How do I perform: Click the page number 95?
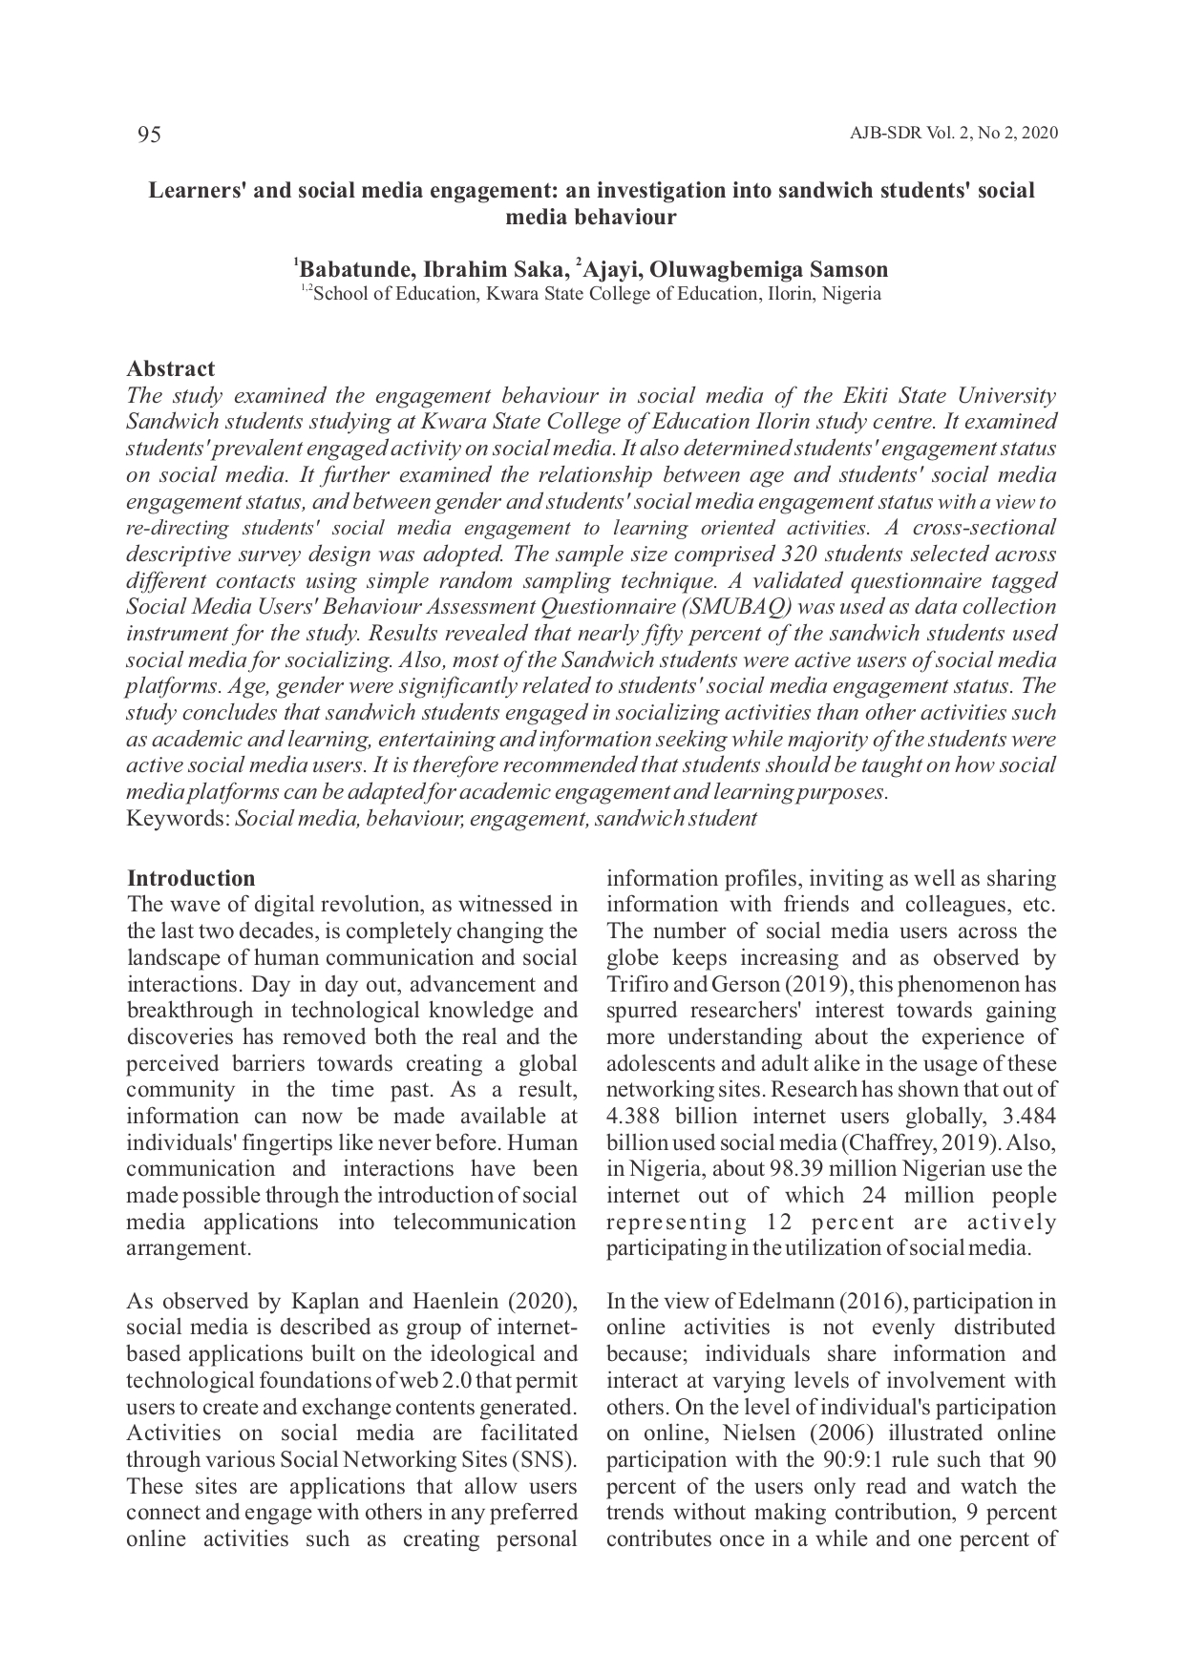point(149,135)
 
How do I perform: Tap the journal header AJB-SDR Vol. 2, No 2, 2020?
point(953,134)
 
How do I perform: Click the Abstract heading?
point(171,369)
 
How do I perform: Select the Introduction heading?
point(191,879)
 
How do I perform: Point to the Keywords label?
point(179,819)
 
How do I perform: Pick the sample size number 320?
point(805,555)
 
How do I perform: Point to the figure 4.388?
point(637,1117)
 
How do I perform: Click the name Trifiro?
point(638,985)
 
